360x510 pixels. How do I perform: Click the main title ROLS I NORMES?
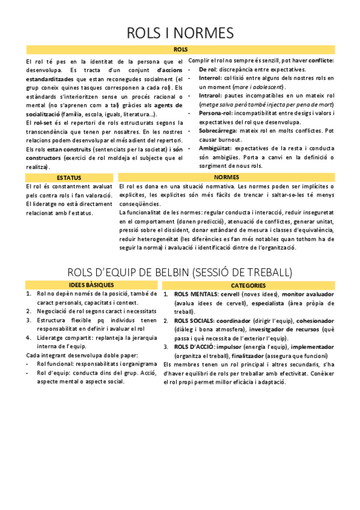point(180,32)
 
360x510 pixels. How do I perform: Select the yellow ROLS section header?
point(180,49)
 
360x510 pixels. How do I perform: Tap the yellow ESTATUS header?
point(69,178)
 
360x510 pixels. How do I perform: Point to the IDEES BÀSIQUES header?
point(90,285)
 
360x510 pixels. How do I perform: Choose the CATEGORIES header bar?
point(248,285)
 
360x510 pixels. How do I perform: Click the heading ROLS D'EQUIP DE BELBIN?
point(180,272)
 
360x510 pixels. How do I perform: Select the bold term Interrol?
point(210,78)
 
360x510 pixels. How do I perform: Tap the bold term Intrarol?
point(210,96)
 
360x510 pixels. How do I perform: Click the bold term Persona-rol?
point(215,113)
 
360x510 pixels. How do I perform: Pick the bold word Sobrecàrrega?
point(218,131)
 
